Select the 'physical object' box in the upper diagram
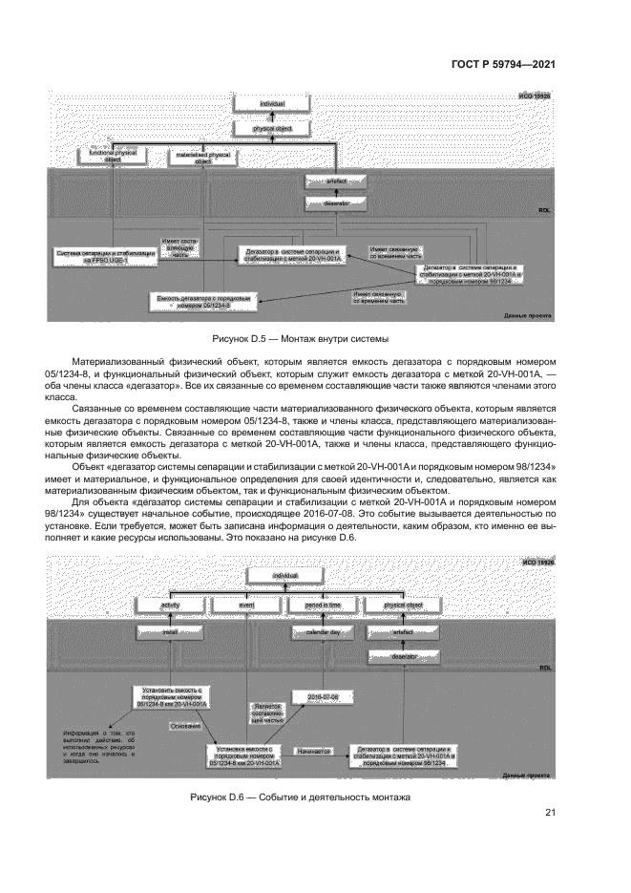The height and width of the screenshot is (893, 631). click(272, 127)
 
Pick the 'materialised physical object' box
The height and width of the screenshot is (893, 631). click(202, 158)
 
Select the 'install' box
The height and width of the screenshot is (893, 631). click(172, 630)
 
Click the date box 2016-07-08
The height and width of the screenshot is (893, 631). click(317, 698)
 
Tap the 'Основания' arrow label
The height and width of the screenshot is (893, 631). click(185, 727)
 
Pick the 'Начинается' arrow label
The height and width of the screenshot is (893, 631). click(312, 752)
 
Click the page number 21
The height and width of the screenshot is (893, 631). click(550, 813)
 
